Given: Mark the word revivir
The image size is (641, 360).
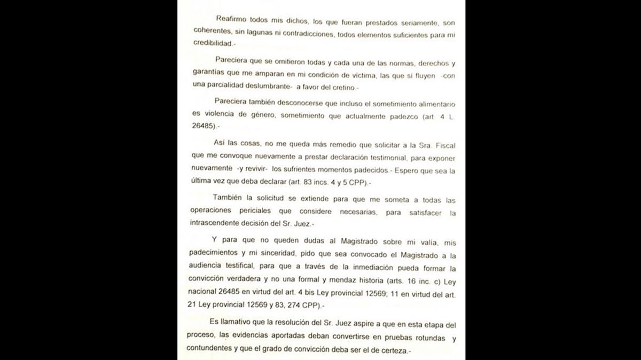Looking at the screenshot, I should coord(246,171).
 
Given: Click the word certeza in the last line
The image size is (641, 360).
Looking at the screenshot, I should coord(390,350).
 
